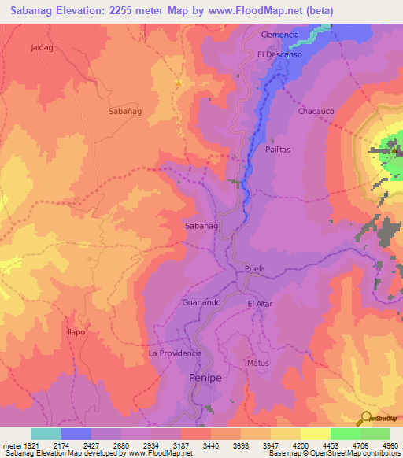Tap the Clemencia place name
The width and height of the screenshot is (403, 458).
pyautogui.click(x=280, y=35)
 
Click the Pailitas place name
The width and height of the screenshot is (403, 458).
pyautogui.click(x=278, y=149)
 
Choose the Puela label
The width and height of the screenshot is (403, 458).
pyautogui.click(x=255, y=269)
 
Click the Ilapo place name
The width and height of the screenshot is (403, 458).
pyautogui.click(x=76, y=332)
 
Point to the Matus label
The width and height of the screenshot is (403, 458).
pyautogui.click(x=258, y=363)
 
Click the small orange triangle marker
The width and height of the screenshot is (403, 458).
pyautogui.click(x=179, y=83)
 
